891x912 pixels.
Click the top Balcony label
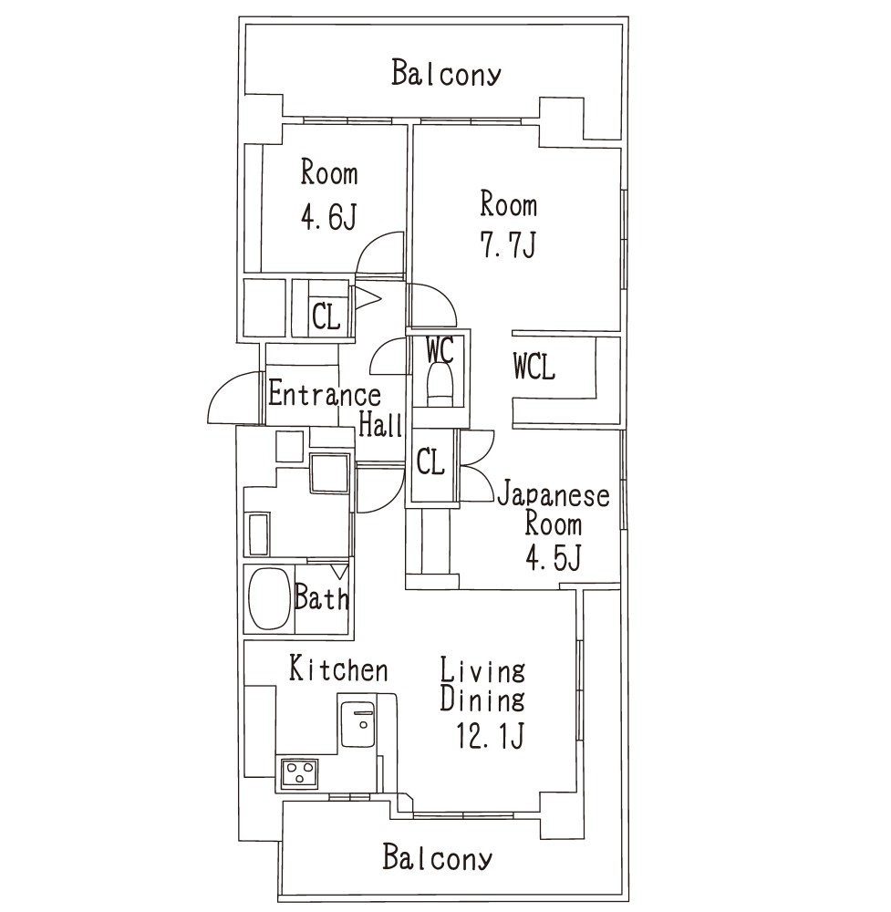(445, 73)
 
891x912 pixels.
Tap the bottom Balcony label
(437, 857)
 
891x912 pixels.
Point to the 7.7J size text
(507, 244)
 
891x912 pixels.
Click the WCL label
(534, 367)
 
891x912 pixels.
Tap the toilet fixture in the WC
(440, 384)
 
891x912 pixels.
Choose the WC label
(439, 350)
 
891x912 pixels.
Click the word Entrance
(325, 394)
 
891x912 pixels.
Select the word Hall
(380, 423)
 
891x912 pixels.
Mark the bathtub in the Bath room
(269, 599)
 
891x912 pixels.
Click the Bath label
(322, 596)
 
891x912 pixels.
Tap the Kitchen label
(338, 668)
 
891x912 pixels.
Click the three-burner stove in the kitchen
(299, 773)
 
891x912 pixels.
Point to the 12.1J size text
(491, 735)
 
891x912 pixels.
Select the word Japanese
(553, 495)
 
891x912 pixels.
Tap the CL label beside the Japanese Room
(430, 462)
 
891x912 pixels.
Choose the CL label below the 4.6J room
(326, 317)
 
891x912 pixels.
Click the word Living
(482, 670)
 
